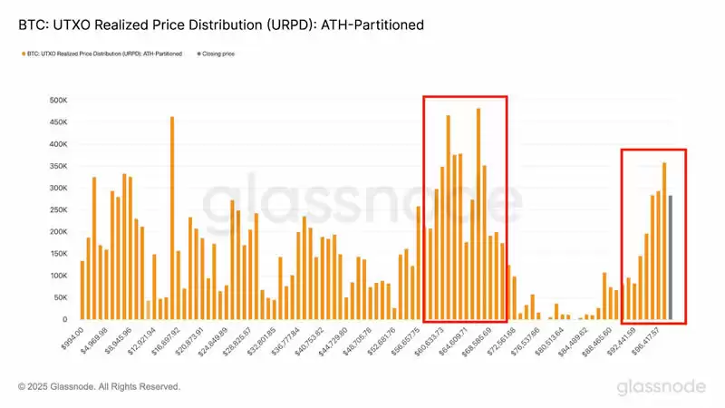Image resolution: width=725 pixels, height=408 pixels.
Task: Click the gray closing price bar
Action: point(671,258)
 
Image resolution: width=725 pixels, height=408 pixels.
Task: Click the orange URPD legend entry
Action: point(101,54)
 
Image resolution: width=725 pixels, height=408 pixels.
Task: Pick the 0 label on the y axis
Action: point(63,319)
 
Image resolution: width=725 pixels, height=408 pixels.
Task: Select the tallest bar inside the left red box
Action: point(478,214)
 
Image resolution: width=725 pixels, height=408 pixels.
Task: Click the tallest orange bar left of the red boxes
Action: point(172,218)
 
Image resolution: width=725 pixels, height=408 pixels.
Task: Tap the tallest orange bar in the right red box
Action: point(664,241)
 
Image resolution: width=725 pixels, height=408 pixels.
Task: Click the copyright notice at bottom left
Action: point(99,387)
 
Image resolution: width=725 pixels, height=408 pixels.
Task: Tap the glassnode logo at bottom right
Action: point(661,387)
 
